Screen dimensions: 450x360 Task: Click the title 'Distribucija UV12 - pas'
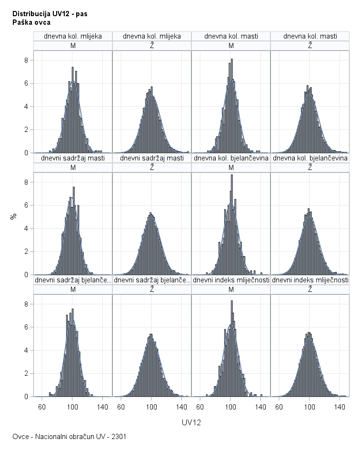[50, 14]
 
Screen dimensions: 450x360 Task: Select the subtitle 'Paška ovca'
[31, 22]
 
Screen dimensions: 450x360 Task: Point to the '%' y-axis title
[14, 216]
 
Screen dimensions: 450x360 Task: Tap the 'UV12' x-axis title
[191, 422]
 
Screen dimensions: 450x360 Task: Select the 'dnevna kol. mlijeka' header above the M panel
[73, 36]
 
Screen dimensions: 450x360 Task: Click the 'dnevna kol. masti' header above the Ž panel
[310, 36]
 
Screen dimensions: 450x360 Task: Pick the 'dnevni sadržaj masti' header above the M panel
[73, 158]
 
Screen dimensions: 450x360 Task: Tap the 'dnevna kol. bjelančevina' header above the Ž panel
[310, 158]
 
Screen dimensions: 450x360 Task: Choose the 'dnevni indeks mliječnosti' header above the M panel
[231, 280]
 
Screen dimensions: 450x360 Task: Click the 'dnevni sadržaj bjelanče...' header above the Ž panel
[152, 280]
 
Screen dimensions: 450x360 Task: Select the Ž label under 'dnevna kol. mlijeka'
[152, 46]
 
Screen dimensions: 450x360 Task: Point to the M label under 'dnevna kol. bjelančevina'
[231, 168]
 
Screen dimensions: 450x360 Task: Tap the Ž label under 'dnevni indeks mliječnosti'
[310, 290]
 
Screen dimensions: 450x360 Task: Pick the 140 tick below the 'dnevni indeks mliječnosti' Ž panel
[340, 407]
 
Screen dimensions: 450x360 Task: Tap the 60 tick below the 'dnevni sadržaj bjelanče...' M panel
[42, 407]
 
